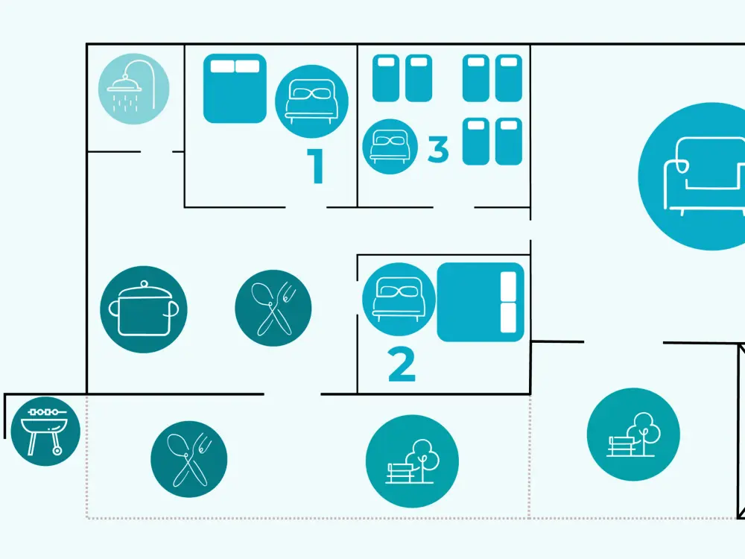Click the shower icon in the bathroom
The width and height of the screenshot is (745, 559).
133,89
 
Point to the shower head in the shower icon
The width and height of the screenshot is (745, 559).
124,83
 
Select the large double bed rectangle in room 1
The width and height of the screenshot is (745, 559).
235,89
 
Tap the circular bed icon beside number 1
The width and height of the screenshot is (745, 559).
311,101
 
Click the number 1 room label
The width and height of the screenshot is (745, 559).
316,165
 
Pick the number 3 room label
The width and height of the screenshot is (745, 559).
438,149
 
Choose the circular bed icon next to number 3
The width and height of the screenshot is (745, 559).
390,146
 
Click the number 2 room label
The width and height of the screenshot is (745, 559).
402,364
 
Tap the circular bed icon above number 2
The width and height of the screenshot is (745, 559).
399,300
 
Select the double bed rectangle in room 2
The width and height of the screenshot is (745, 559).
481,303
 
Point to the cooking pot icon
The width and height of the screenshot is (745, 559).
144,309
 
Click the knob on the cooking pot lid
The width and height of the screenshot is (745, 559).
145,284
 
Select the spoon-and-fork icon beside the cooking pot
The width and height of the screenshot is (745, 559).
273,308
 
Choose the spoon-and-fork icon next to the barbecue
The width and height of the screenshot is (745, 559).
189,459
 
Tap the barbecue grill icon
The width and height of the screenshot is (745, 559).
45,431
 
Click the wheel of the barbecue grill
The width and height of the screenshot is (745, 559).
57,449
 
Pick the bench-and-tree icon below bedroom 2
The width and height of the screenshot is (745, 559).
413,461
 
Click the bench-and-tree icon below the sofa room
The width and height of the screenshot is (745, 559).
633,435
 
